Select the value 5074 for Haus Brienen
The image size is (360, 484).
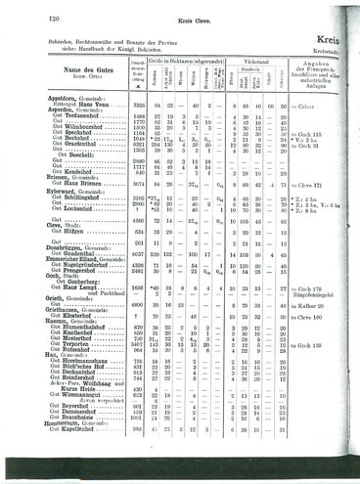[x=142, y=209]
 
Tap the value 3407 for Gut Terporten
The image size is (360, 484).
[x=142, y=348]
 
